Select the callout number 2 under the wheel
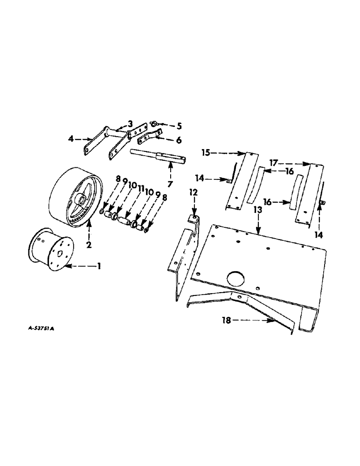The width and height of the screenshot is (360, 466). (x=89, y=244)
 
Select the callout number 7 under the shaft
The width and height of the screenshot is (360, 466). (x=170, y=184)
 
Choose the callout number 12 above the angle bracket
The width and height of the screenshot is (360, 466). (x=193, y=192)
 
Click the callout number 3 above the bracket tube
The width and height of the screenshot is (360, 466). (x=130, y=123)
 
